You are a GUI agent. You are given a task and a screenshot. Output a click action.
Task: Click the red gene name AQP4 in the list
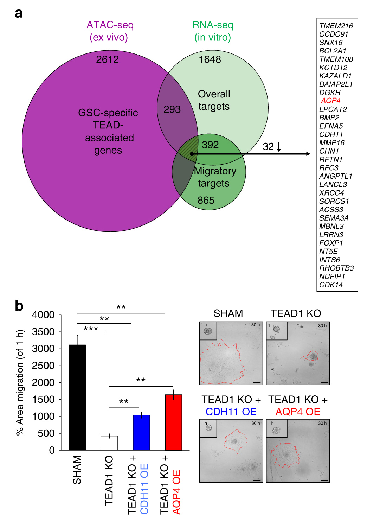[x=330, y=101]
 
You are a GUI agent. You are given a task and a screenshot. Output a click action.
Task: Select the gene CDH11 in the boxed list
[x=331, y=134]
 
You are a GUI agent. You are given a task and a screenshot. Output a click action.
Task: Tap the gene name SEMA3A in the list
[x=334, y=218]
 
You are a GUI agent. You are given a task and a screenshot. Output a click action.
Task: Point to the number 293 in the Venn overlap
[x=172, y=109]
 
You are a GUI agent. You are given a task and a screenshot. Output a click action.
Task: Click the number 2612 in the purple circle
[x=107, y=59]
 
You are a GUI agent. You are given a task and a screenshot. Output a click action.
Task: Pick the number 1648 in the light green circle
[x=210, y=59]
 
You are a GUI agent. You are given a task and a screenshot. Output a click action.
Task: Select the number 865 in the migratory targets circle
[x=206, y=201]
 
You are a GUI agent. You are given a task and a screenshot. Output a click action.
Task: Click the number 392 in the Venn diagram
[x=210, y=145]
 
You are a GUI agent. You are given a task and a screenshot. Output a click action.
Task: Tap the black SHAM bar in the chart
[x=77, y=398]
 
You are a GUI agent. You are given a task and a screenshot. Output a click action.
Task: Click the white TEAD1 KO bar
[x=109, y=443]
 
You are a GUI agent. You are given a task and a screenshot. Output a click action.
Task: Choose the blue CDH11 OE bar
[x=141, y=433]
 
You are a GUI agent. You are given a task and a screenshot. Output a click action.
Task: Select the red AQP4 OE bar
[x=173, y=422]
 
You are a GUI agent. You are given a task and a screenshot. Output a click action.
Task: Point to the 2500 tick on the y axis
[x=46, y=366]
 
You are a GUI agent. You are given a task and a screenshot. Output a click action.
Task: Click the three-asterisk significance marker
[x=91, y=329]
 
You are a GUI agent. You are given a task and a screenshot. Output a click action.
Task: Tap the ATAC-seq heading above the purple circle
[x=110, y=25]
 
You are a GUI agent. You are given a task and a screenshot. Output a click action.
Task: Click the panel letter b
[x=19, y=306]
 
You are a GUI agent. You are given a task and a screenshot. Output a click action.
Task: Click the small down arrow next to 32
[x=279, y=147]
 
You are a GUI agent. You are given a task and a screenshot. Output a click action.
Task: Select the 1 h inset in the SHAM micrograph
[x=208, y=331]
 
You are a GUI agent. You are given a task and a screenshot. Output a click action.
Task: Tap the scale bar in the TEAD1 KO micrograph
[x=324, y=382]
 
